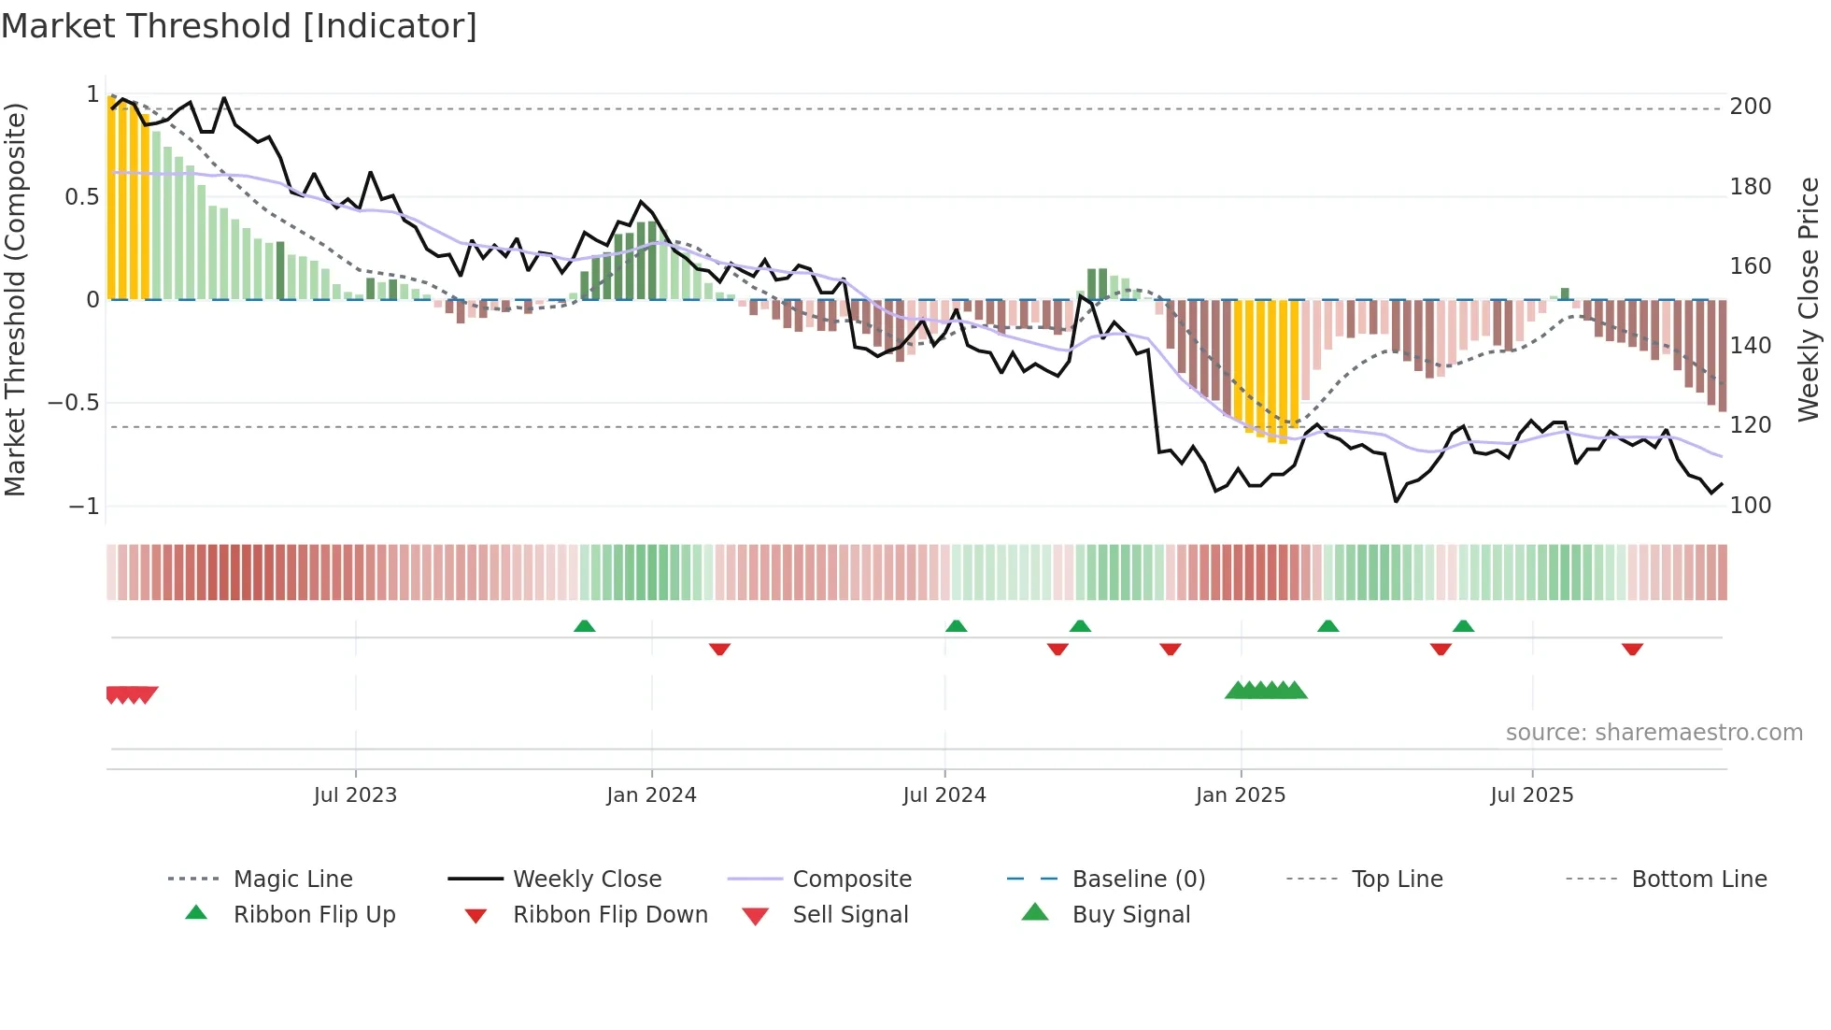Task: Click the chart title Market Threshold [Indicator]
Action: tap(239, 26)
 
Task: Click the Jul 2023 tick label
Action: tap(355, 795)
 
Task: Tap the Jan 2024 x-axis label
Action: tap(651, 795)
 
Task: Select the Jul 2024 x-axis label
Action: tap(944, 795)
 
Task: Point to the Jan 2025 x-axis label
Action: tap(1241, 795)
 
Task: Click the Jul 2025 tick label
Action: tap(1532, 795)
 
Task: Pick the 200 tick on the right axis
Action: tap(1751, 107)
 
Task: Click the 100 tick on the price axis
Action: tap(1751, 506)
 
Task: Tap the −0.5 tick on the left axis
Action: tap(74, 403)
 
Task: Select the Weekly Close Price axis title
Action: tap(1809, 299)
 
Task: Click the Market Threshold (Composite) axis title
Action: tap(15, 299)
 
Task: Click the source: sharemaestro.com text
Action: tap(1654, 733)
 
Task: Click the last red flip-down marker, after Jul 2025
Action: tap(1632, 649)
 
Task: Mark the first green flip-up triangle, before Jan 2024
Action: tap(585, 626)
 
